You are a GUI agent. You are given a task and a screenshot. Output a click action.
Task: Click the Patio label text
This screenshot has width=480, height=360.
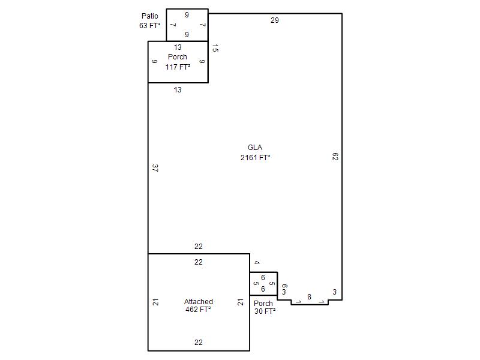click(x=149, y=16)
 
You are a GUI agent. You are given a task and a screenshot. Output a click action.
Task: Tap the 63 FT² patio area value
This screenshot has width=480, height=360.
click(x=149, y=26)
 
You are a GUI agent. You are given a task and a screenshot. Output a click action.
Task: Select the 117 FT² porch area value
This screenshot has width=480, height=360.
click(x=178, y=67)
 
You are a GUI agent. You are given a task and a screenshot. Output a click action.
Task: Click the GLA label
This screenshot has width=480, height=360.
click(x=255, y=148)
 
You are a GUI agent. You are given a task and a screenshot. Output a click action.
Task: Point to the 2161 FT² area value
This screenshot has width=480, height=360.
click(x=256, y=157)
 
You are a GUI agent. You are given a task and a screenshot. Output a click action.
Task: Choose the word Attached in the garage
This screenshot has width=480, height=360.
click(x=199, y=302)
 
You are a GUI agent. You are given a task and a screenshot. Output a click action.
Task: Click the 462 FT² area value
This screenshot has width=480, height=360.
click(x=198, y=310)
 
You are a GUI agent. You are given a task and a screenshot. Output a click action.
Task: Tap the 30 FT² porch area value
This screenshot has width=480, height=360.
click(x=265, y=311)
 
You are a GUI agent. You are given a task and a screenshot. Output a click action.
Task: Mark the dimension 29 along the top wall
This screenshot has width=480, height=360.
click(x=275, y=20)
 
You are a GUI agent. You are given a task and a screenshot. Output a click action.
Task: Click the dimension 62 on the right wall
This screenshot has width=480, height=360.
click(x=335, y=157)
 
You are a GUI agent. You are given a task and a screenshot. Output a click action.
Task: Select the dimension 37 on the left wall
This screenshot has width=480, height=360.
click(x=155, y=168)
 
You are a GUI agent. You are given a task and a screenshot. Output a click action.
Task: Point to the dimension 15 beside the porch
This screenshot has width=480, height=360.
click(x=215, y=48)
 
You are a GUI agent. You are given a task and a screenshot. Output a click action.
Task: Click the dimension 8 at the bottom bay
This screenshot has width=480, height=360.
click(x=309, y=296)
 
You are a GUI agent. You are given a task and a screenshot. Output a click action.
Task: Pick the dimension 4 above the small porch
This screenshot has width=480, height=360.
click(x=257, y=262)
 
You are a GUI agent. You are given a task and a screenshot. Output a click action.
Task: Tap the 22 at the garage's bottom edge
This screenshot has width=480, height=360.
click(x=199, y=342)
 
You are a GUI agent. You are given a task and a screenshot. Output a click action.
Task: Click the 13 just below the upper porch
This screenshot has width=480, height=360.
click(x=178, y=89)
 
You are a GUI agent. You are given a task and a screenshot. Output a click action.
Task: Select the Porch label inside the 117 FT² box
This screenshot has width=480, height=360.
click(x=178, y=57)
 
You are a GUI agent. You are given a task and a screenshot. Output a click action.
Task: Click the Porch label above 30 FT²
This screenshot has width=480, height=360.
click(x=263, y=304)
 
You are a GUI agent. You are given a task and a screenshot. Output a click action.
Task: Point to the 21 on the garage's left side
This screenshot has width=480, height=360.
click(x=156, y=302)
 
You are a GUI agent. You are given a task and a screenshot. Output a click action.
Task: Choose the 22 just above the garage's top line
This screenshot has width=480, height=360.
click(x=199, y=247)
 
